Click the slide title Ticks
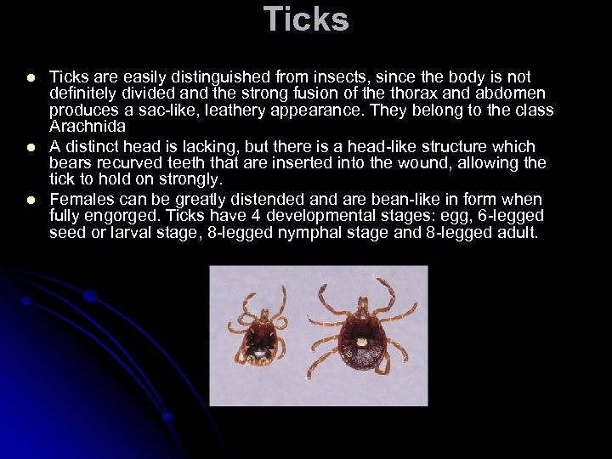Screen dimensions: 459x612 [x=306, y=19]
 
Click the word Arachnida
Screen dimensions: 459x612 [x=87, y=127]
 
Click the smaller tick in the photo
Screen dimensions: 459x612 [x=260, y=331]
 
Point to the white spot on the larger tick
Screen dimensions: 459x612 [x=361, y=342]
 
